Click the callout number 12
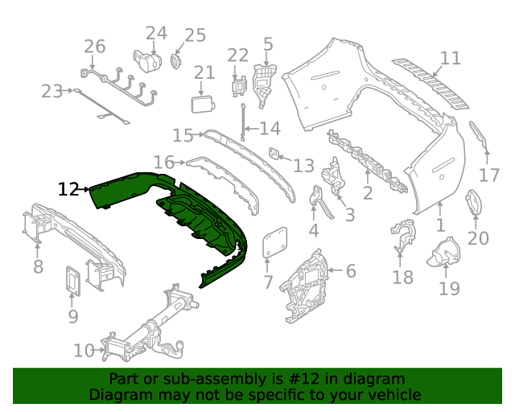68,189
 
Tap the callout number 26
95,46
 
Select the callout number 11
451,58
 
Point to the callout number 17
489,175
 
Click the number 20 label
478,238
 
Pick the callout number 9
73,316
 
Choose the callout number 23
51,92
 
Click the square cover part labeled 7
275,242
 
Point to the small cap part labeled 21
201,104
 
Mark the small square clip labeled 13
274,153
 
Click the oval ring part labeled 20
474,203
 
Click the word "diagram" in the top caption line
378,379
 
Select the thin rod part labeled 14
242,124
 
